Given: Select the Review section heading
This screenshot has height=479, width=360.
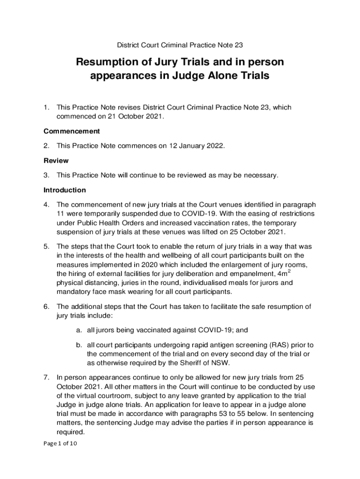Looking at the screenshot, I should pos(56,160).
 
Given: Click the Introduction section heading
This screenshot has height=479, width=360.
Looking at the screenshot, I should pos(65,190).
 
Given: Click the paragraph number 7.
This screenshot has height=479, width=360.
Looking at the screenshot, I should pos(46,377).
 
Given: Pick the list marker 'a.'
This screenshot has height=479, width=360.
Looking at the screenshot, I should pos(79,330).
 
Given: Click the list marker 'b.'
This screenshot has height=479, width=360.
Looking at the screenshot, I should pos(79,345).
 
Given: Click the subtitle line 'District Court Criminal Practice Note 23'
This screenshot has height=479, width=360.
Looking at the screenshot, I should pos(180,45).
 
